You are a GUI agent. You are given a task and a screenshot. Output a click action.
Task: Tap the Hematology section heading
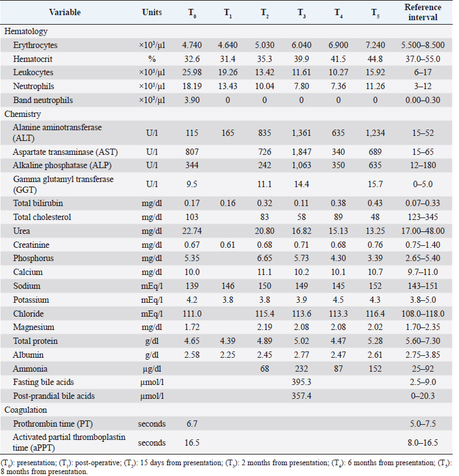tap(26, 31)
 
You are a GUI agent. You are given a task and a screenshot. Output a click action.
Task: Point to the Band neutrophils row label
tap(43, 101)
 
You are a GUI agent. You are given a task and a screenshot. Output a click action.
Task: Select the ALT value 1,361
tap(306, 133)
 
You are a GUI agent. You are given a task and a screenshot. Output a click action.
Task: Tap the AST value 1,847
tap(306, 152)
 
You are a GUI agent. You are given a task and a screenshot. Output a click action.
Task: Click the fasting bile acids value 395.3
tap(306, 383)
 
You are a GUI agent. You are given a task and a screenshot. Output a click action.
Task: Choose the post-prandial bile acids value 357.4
tap(306, 396)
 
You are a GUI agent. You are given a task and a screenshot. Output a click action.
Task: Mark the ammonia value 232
tap(306, 369)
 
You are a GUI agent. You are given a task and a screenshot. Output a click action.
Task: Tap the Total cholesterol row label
tap(43, 217)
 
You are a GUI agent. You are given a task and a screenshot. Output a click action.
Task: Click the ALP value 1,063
tap(306, 166)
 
